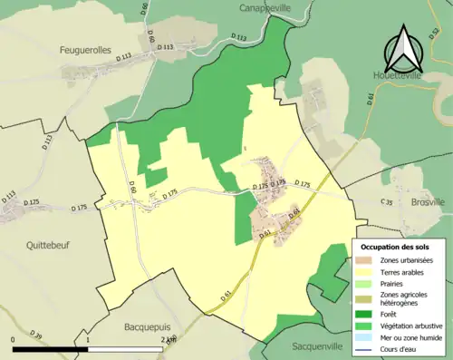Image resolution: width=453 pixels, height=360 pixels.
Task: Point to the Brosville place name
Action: coord(428,202)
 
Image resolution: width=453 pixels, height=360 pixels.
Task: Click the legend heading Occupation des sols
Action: coord(396,247)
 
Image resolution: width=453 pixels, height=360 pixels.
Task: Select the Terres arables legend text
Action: coord(406,270)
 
